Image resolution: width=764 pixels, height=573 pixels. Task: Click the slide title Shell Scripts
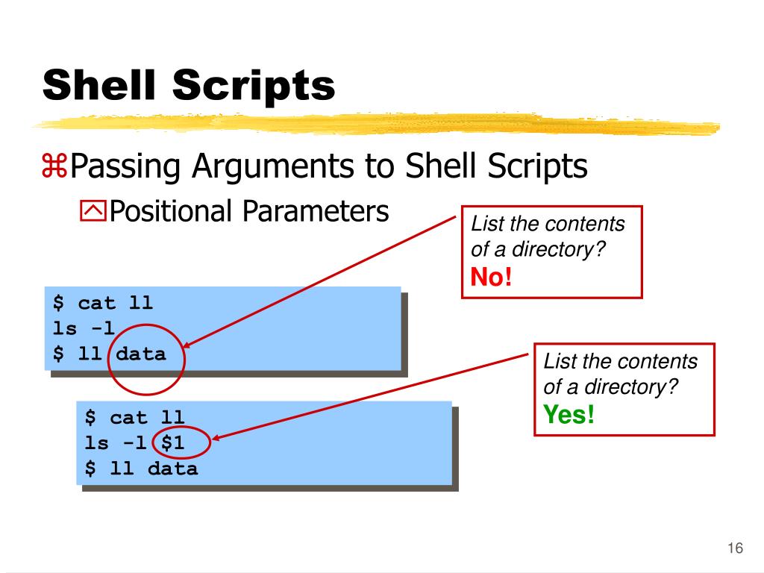189,85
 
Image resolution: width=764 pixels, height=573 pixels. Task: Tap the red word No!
492,278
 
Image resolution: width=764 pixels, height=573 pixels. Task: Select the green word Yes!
569,414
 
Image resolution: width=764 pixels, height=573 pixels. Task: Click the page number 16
735,549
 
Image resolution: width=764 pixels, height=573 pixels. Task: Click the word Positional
172,211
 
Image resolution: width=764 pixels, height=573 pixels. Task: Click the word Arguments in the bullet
272,166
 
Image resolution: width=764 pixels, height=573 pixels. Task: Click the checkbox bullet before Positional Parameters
93,213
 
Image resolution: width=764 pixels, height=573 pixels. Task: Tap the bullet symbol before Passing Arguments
54,167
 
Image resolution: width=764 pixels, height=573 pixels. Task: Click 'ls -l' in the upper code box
84,328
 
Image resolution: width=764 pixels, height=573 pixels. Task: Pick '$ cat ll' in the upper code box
102,303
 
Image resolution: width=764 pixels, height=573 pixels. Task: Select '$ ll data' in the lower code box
141,469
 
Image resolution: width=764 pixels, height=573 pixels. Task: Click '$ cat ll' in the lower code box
134,418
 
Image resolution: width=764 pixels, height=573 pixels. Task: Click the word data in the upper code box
141,354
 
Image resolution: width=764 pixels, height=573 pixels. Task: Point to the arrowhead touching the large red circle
187,345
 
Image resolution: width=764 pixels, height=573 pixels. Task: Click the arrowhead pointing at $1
218,439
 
